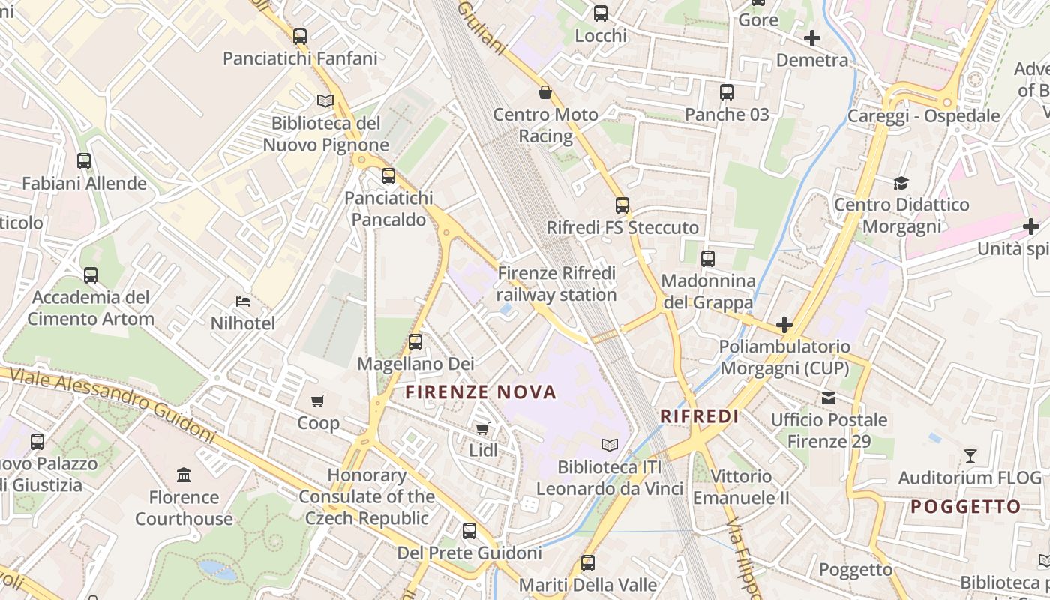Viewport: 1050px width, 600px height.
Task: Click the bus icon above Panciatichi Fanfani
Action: coord(300,36)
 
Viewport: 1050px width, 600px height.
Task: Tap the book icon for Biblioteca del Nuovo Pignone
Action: coord(325,100)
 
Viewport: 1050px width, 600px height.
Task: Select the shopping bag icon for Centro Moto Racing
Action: coord(545,92)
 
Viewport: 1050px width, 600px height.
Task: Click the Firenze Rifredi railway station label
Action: coord(556,283)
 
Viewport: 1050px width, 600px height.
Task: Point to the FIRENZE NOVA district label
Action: coord(481,391)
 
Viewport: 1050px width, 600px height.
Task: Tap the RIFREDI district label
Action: coord(699,416)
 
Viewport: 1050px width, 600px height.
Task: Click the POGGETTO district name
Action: coord(965,507)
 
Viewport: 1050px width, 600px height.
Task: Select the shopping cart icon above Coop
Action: coord(318,400)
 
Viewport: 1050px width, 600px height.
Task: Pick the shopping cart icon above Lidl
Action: coord(482,428)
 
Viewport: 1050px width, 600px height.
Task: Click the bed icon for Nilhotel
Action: coord(243,301)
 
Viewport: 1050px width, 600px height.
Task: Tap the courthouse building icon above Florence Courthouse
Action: coord(184,475)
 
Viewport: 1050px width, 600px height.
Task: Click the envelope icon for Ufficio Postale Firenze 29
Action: coord(829,397)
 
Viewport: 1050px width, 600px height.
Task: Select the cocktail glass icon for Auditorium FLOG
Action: coord(970,455)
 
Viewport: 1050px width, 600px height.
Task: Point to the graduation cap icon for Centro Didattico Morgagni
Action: coord(901,183)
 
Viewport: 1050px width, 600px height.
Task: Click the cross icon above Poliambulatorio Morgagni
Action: coord(784,325)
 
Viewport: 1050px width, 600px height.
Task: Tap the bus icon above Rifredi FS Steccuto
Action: coord(622,205)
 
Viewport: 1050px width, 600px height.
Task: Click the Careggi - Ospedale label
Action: coord(923,116)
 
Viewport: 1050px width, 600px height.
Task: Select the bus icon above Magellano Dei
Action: coord(415,342)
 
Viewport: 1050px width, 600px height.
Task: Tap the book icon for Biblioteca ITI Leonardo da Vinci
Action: coord(610,445)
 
